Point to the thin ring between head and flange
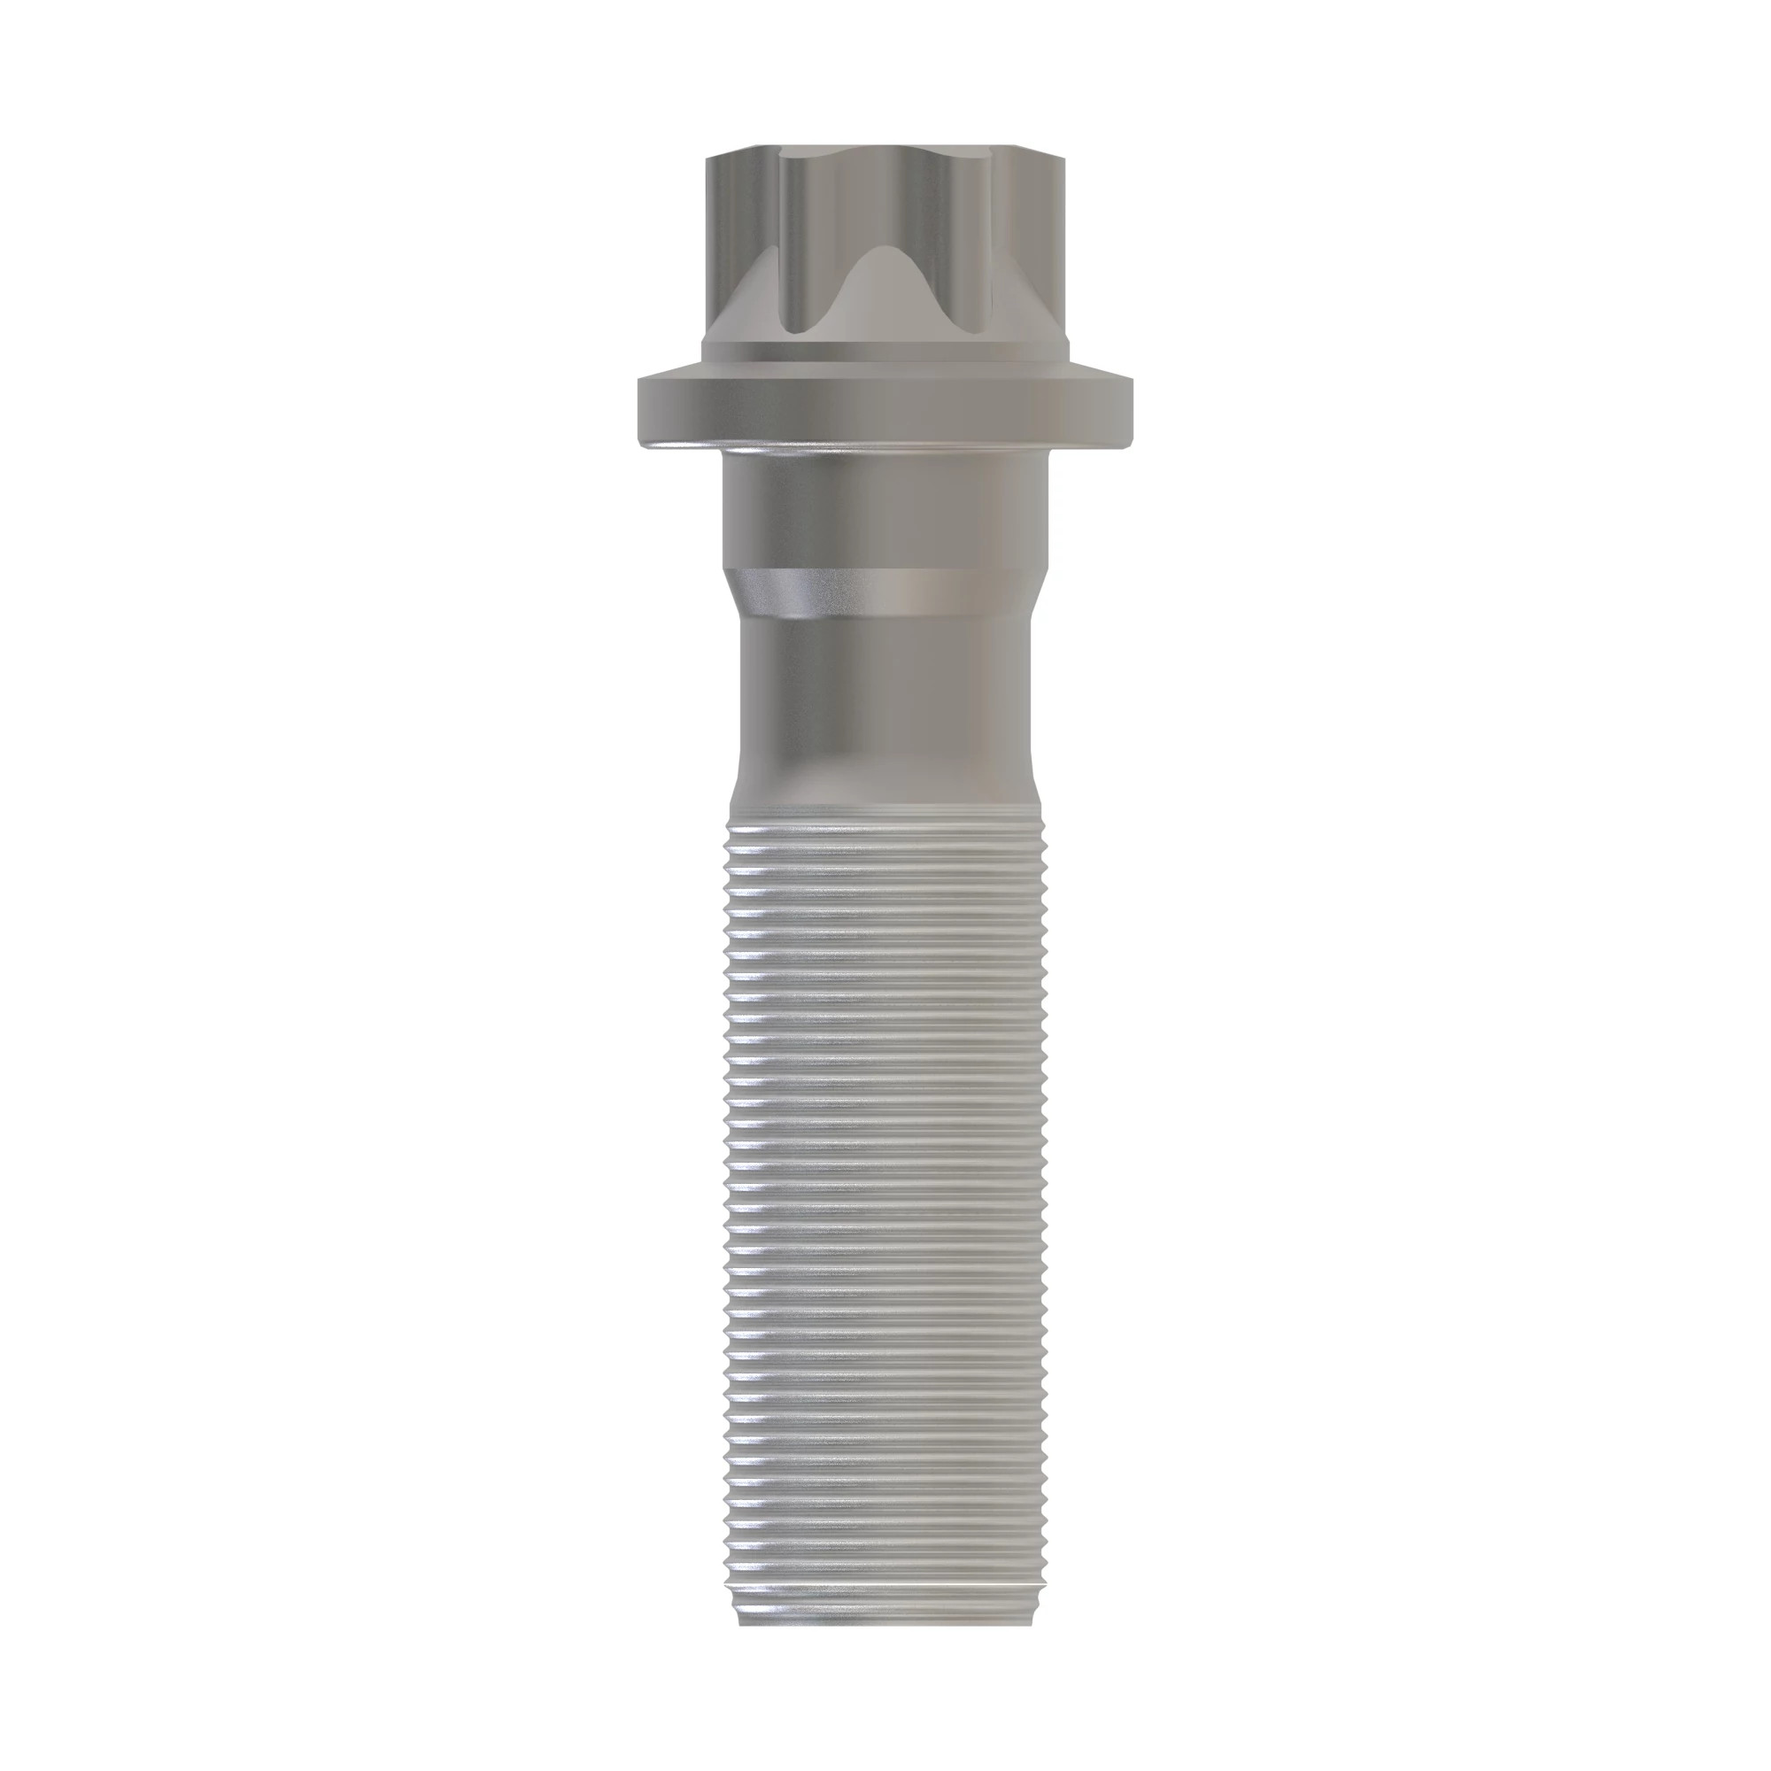[885, 354]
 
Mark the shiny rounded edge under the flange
[885, 446]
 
